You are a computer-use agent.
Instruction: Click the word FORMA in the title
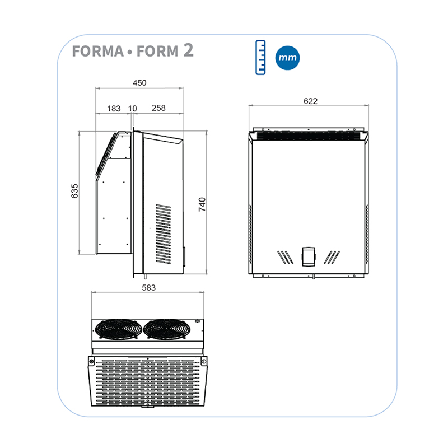tap(97, 52)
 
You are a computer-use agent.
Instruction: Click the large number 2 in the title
tap(188, 50)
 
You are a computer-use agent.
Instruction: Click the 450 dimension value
tap(139, 83)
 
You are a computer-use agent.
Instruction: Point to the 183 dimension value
tap(114, 108)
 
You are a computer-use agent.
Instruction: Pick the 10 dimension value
tap(133, 108)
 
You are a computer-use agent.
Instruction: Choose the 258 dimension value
tap(158, 108)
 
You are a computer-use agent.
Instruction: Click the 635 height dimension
tap(74, 190)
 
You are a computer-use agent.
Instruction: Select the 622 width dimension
tap(310, 101)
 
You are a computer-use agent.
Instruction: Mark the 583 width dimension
tap(148, 287)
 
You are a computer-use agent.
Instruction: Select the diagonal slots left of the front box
tap(284, 256)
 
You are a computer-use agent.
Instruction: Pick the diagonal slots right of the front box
tap(333, 256)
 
